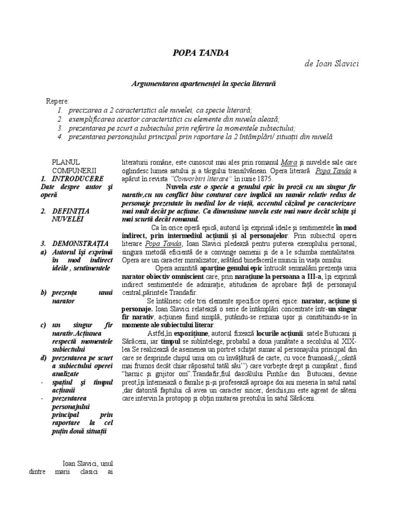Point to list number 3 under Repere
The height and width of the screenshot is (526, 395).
pyautogui.click(x=60, y=128)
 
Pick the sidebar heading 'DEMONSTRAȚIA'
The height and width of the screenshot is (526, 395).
pyautogui.click(x=80, y=243)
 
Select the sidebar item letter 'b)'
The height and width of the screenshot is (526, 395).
pyautogui.click(x=43, y=292)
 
